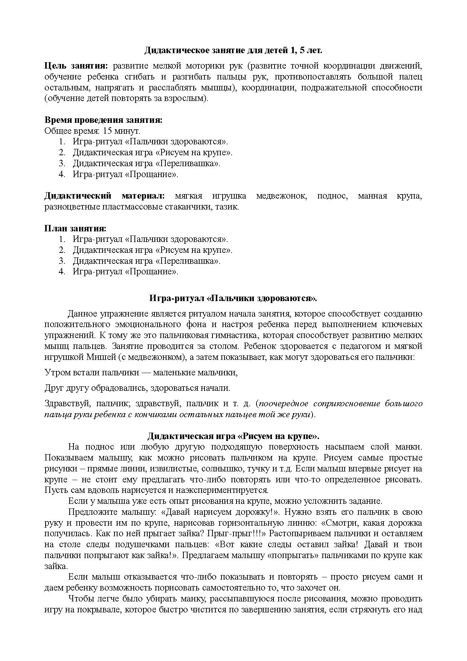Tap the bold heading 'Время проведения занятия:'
[x=104, y=120]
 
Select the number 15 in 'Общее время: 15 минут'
[x=107, y=131]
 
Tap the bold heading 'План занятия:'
[x=75, y=228]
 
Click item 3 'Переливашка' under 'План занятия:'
[x=147, y=261]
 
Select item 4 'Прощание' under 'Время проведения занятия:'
[x=125, y=174]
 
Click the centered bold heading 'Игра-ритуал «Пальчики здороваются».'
[x=233, y=298]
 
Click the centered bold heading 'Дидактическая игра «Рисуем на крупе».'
[x=233, y=436]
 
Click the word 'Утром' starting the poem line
[x=56, y=372]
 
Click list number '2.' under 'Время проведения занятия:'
[x=62, y=153]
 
